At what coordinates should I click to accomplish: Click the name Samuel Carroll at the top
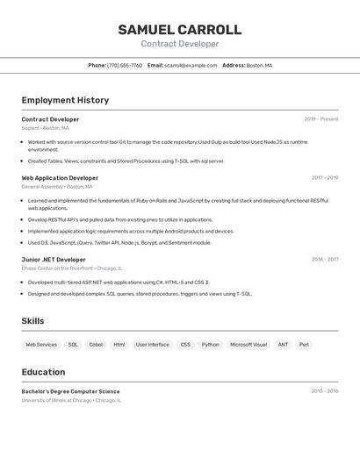pyautogui.click(x=180, y=30)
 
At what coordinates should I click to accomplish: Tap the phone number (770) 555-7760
pyautogui.click(x=125, y=65)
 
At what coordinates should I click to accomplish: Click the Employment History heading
pyautogui.click(x=65, y=100)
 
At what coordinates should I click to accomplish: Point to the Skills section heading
pyautogui.click(x=32, y=321)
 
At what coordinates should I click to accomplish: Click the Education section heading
pyautogui.click(x=43, y=372)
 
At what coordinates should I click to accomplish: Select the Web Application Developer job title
pyautogui.click(x=60, y=178)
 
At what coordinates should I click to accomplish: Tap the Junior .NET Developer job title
pyautogui.click(x=54, y=260)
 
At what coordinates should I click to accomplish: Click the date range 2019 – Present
pyautogui.click(x=320, y=119)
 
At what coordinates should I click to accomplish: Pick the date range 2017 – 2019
pyautogui.click(x=324, y=178)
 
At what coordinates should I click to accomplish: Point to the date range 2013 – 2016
pyautogui.click(x=324, y=391)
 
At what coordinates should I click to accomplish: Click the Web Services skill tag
pyautogui.click(x=41, y=345)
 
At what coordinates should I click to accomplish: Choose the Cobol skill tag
pyautogui.click(x=96, y=345)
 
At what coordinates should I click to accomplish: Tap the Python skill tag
pyautogui.click(x=210, y=345)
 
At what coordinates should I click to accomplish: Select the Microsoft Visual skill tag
pyautogui.click(x=248, y=345)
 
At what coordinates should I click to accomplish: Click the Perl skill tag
pyautogui.click(x=304, y=345)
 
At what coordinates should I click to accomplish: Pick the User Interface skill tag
pyautogui.click(x=153, y=345)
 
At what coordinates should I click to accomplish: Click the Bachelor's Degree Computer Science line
pyautogui.click(x=70, y=391)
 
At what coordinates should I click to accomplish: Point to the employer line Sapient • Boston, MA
pyautogui.click(x=45, y=128)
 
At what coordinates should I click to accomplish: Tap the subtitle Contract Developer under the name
pyautogui.click(x=180, y=44)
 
